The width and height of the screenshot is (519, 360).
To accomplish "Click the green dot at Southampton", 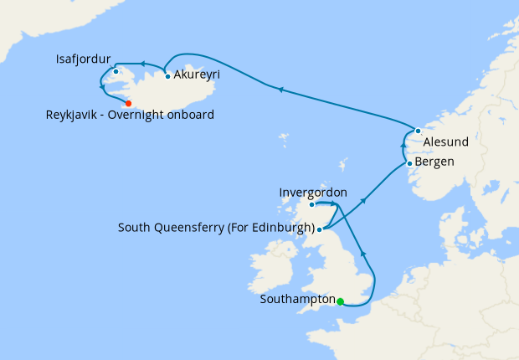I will click(x=340, y=301).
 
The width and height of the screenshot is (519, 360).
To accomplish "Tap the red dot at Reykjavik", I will click(x=128, y=103).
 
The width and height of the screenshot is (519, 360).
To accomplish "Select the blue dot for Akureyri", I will click(x=168, y=77).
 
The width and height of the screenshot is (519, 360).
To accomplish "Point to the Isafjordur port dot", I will click(x=116, y=71).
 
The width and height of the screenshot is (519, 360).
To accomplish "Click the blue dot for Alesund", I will click(x=418, y=131).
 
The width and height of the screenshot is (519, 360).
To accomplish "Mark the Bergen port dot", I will click(x=409, y=163).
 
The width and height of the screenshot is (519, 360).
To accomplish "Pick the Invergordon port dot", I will click(x=311, y=204).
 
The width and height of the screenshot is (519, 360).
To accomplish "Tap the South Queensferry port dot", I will click(x=320, y=228).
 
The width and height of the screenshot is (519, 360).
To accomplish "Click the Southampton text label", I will click(x=297, y=299).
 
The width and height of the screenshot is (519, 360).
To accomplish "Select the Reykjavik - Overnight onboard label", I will click(x=130, y=115).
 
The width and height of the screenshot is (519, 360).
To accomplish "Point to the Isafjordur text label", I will click(x=83, y=59).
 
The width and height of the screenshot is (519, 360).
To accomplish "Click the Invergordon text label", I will click(x=312, y=193).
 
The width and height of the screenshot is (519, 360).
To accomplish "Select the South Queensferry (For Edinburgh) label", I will click(x=216, y=228).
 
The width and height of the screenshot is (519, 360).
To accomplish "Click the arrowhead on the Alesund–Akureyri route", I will click(x=280, y=89).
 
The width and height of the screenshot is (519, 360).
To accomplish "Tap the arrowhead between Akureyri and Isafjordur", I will click(x=142, y=64).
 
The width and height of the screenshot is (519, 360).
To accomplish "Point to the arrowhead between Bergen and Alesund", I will click(x=404, y=146).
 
